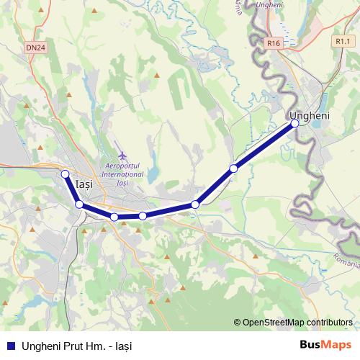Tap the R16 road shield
pos(272,43)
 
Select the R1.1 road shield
pos(342,42)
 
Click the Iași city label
pos(84,185)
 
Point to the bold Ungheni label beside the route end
pos(309,115)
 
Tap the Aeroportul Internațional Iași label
pos(122,170)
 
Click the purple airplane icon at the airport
pos(122,155)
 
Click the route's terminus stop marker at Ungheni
pos(294,124)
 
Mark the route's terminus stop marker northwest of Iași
pos(65,174)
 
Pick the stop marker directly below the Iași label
pos(78,205)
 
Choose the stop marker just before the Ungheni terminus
pos(233,168)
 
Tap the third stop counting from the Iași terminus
pos(114,217)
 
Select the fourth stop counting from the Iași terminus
pos(143,216)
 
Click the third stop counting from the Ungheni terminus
pos(195,205)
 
